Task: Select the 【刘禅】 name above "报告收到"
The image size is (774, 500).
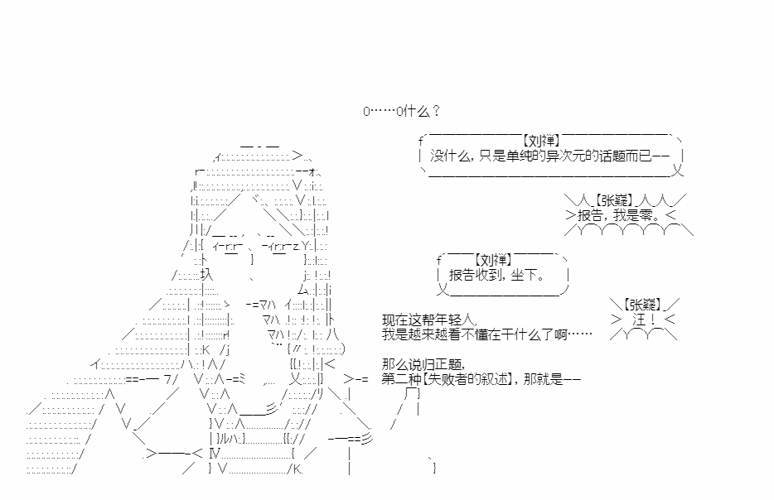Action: (491, 259)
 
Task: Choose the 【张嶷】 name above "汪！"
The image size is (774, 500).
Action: (643, 304)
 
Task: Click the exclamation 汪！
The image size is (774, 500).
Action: (644, 319)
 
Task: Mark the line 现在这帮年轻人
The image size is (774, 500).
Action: (430, 320)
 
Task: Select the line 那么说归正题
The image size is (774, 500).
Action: (423, 363)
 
